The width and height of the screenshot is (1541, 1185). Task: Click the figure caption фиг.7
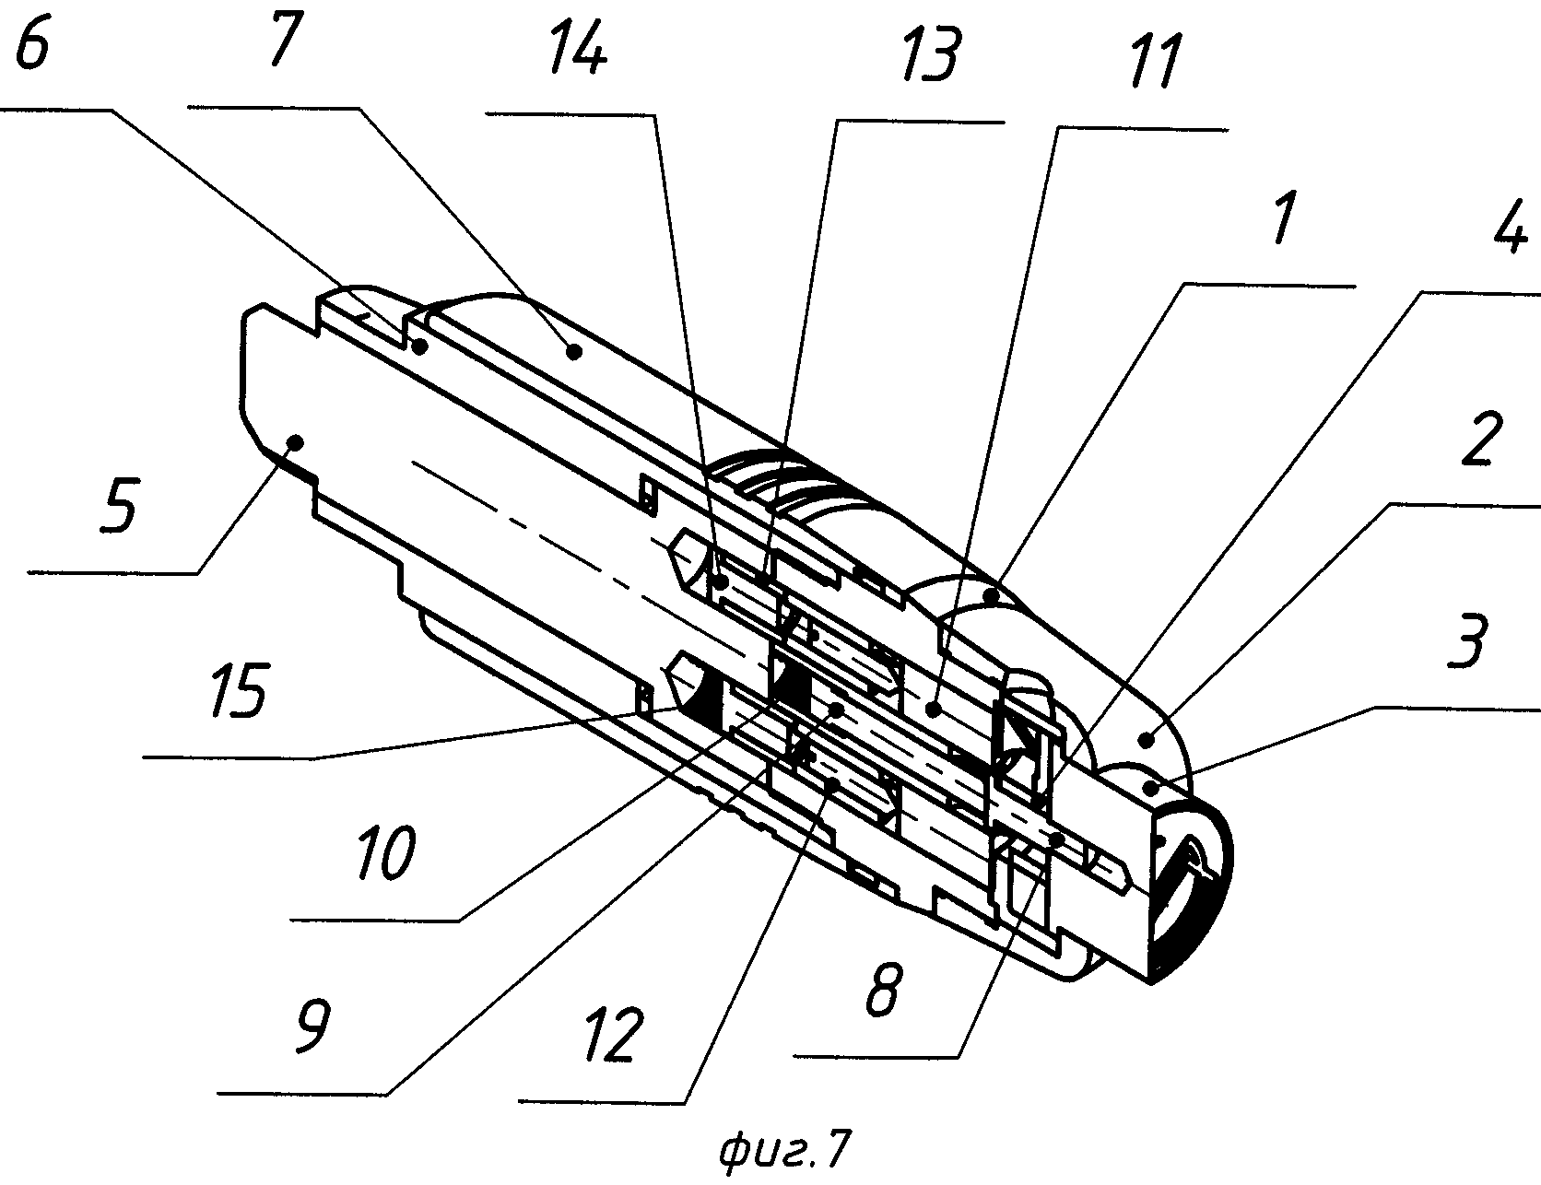784,1151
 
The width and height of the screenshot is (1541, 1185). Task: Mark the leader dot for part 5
295,443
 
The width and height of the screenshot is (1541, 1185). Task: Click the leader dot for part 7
573,350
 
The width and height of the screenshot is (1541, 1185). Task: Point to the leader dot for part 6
420,346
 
